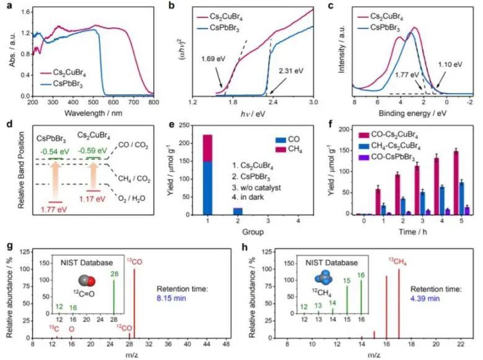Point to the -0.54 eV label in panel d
52,151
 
